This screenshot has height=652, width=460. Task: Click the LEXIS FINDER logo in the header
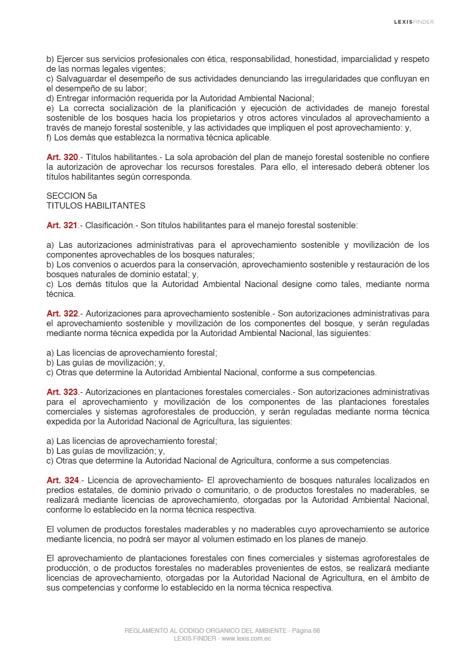(414, 22)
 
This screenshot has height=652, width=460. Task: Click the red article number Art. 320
(62, 157)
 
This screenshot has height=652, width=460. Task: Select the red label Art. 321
(62, 225)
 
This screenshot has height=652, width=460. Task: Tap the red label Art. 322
(62, 313)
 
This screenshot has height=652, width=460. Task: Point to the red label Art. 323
(62, 392)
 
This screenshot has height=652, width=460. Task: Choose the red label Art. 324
(62, 480)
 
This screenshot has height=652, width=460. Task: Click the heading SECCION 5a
(72, 196)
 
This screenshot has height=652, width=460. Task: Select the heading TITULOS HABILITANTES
(96, 205)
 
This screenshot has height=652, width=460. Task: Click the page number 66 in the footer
(316, 631)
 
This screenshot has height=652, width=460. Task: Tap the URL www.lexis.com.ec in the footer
(247, 639)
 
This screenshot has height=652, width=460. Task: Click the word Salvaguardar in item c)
(79, 78)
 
